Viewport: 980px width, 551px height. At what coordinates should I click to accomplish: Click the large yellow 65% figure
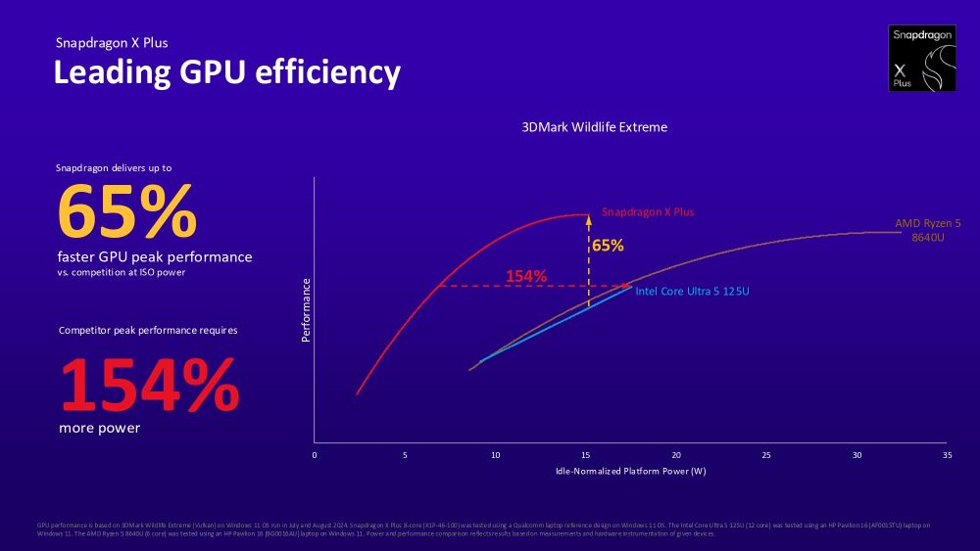(127, 211)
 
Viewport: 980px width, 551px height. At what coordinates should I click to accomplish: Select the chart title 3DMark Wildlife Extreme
(595, 127)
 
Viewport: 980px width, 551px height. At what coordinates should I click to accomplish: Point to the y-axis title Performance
(306, 310)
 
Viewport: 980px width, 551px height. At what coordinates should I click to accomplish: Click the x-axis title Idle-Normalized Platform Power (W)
(630, 471)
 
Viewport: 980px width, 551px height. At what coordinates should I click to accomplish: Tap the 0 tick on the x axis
(315, 455)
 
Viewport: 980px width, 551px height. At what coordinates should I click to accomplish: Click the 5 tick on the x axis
(405, 455)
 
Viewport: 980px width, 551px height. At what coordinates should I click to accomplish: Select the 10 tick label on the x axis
(495, 455)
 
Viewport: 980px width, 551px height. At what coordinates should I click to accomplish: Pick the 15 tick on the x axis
(585, 455)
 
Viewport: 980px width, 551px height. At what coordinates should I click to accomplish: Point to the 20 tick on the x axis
(676, 455)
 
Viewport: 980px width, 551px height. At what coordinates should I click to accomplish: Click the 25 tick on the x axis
(766, 455)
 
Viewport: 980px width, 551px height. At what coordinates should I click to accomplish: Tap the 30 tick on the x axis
(857, 455)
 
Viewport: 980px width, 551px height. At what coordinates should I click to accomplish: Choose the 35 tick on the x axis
(947, 455)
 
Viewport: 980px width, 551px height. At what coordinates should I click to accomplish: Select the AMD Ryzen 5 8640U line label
(927, 230)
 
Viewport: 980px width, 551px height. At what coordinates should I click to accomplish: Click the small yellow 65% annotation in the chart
(609, 246)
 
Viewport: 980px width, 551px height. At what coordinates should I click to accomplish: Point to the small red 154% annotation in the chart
(526, 276)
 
